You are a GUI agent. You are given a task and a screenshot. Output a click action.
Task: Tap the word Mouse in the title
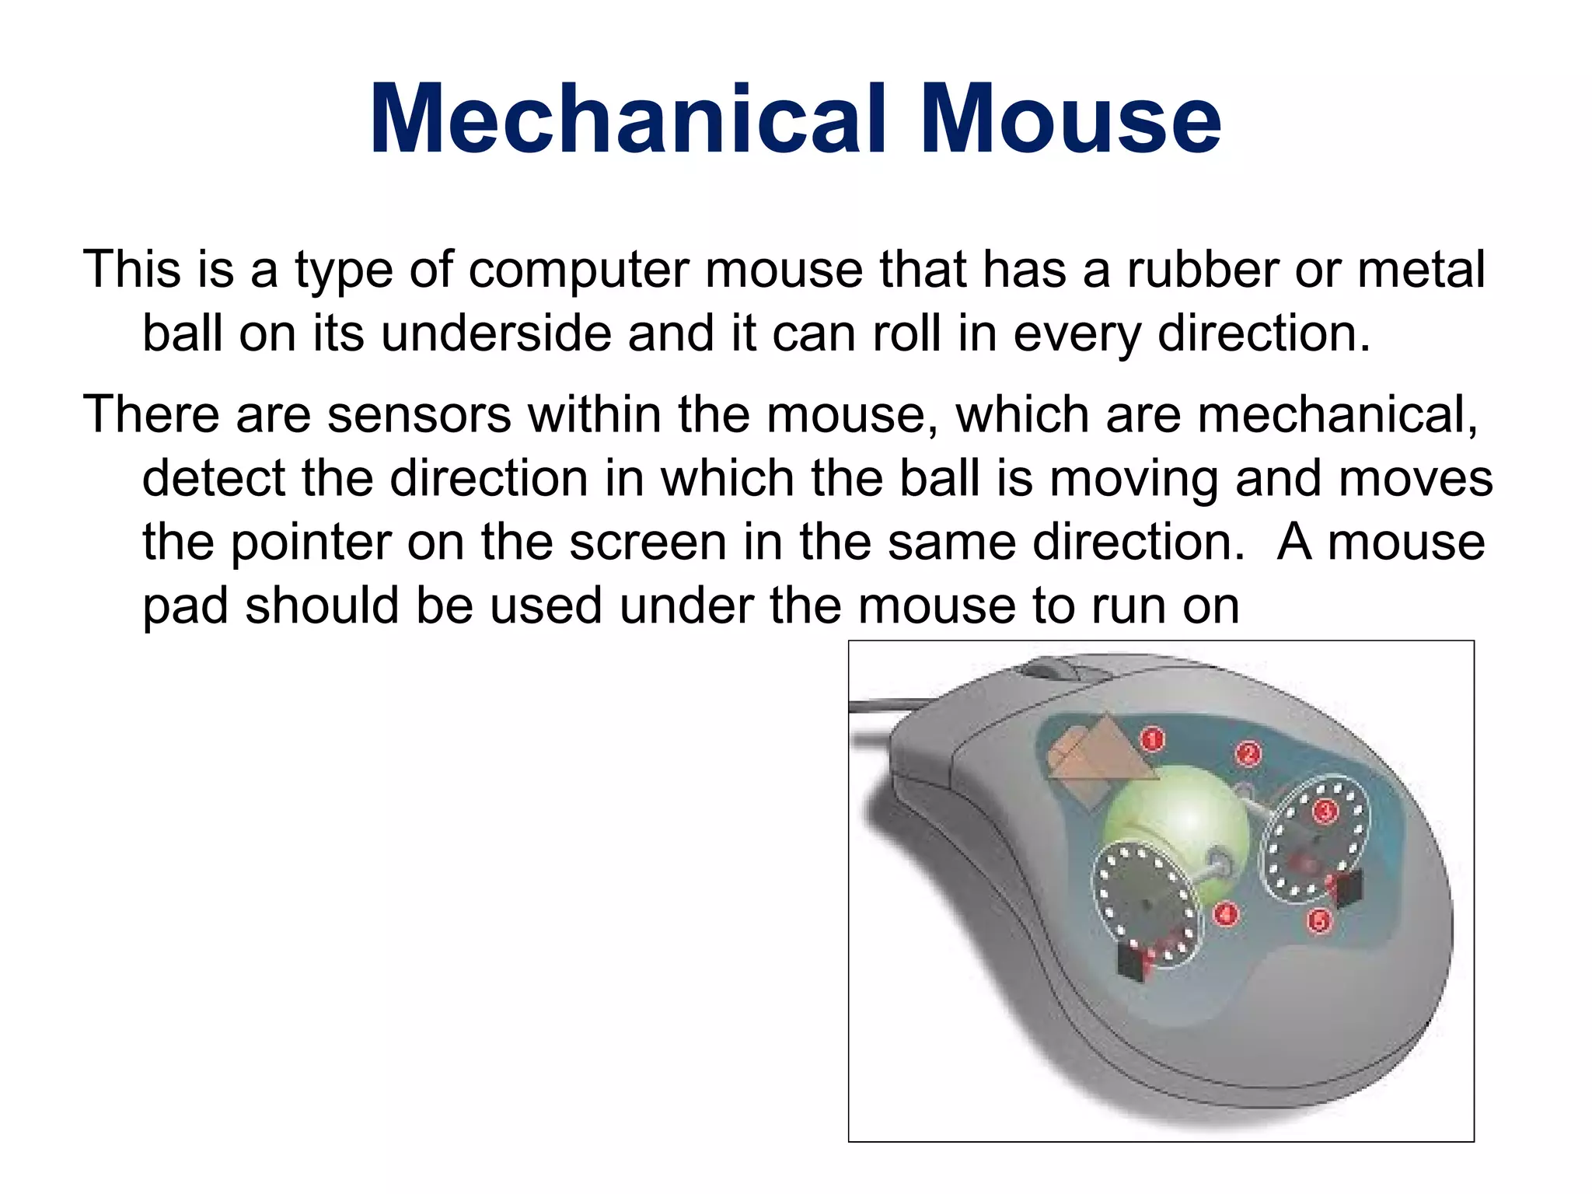[1070, 120]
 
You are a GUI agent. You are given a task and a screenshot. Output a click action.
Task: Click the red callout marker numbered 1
[1152, 738]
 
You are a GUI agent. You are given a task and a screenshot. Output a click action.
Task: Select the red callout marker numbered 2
[1248, 752]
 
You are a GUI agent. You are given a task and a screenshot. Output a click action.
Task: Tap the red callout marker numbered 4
[1226, 914]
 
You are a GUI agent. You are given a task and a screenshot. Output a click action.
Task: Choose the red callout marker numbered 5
[1319, 922]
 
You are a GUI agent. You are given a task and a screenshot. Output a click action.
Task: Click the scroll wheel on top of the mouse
[1046, 668]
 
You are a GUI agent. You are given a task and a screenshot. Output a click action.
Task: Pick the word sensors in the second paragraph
[419, 414]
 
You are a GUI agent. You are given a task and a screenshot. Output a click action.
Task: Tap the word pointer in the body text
[311, 543]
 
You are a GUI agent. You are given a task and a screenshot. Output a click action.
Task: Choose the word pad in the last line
[186, 606]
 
